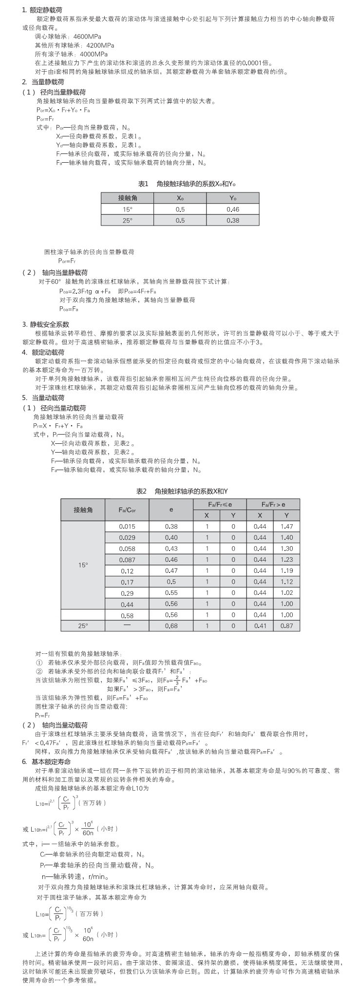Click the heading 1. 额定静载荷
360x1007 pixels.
point(42,10)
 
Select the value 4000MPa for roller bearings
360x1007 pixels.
point(94,54)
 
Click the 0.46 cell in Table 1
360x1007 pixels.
point(233,209)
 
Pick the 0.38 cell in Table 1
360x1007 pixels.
point(233,220)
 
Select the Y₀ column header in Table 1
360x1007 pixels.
point(233,198)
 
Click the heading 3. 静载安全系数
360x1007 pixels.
point(46,324)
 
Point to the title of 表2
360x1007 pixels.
point(182,491)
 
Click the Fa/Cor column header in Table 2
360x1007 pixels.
point(127,510)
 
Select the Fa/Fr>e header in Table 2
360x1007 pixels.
point(273,504)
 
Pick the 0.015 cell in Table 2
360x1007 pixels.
point(127,527)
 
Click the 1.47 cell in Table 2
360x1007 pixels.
point(287,527)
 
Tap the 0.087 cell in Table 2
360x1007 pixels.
point(127,560)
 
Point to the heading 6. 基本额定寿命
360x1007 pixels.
point(46,761)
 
